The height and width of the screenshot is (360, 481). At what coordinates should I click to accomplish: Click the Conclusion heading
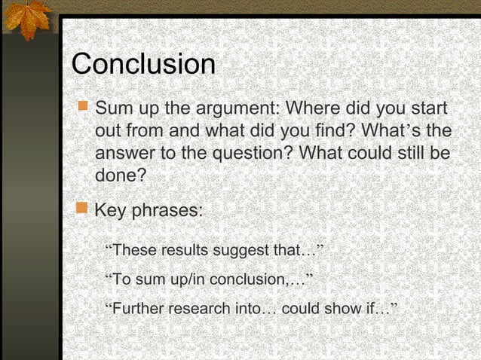tap(143, 64)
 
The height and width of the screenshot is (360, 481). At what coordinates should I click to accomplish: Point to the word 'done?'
tap(120, 176)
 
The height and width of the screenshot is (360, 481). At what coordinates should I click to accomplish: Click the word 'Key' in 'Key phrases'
tap(110, 210)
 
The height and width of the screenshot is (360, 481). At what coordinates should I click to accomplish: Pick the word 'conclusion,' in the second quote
tap(248, 280)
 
